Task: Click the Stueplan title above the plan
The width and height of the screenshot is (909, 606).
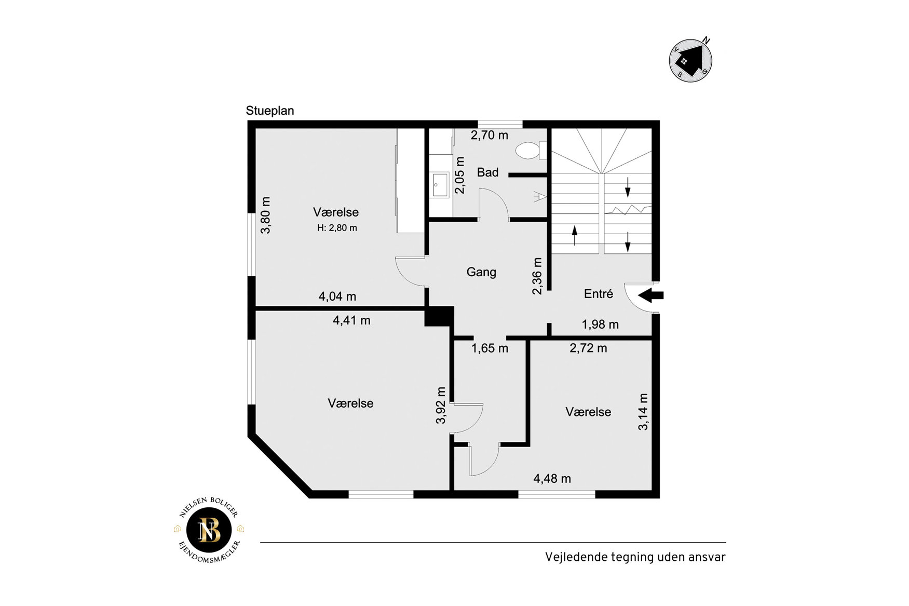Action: (270, 111)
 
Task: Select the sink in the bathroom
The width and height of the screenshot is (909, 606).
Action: (440, 184)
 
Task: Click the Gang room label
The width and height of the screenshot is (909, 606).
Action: (481, 272)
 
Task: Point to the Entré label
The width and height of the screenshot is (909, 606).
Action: (598, 294)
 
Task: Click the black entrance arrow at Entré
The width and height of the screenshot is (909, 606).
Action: (650, 295)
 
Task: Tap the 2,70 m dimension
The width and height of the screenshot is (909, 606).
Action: (490, 135)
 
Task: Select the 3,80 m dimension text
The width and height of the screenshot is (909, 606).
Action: (265, 215)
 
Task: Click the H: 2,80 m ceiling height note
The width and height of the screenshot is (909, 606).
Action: (337, 228)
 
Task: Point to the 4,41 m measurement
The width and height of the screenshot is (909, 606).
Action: (351, 320)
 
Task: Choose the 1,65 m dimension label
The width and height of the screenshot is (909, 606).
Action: (490, 348)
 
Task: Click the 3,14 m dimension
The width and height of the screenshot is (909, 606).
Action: (643, 412)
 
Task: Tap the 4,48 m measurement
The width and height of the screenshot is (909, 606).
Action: (552, 479)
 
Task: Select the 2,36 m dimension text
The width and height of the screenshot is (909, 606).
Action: (537, 276)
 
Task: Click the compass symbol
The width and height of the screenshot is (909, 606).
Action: (690, 60)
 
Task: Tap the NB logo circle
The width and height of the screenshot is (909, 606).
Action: (209, 530)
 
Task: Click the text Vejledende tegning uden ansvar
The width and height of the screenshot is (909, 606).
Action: (635, 557)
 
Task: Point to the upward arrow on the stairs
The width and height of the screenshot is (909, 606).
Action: (575, 235)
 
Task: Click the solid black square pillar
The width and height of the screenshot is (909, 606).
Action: (439, 316)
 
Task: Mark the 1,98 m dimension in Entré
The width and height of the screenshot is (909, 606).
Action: (600, 325)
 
